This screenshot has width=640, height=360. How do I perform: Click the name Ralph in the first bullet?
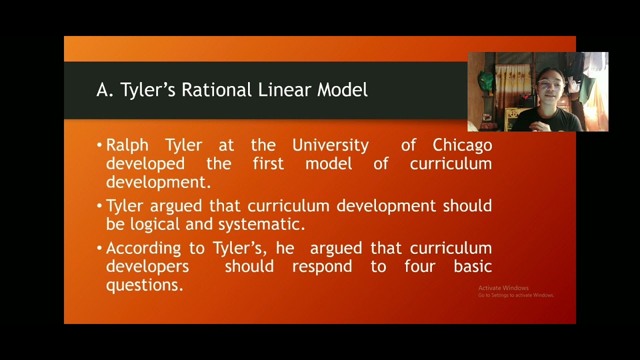click(127, 145)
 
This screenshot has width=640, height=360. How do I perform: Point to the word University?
click(330, 145)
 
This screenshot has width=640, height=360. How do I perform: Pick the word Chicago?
click(462, 145)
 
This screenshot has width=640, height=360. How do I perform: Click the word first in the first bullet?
click(268, 164)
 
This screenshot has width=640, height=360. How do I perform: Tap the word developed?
click(145, 164)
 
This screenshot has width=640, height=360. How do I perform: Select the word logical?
click(155, 224)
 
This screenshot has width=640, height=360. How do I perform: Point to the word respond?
click(322, 266)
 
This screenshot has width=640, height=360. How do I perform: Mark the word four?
click(420, 266)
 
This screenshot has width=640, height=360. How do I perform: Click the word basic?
click(472, 266)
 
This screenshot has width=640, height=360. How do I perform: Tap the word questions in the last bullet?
click(144, 285)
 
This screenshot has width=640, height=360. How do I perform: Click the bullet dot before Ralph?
click(99, 146)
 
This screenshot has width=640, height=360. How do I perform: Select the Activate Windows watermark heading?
click(503, 288)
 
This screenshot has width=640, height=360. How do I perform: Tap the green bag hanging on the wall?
click(485, 80)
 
